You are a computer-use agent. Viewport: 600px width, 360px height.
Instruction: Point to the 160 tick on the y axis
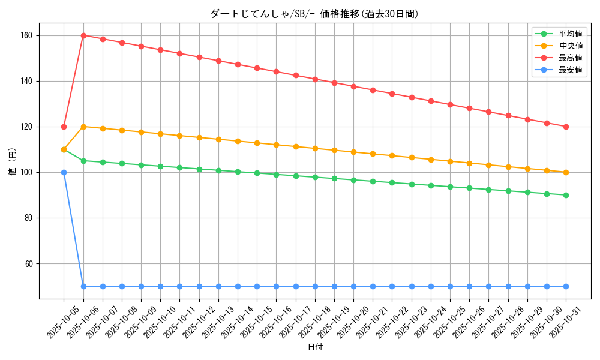pos(27,35)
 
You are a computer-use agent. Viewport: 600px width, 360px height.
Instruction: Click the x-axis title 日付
pos(315,347)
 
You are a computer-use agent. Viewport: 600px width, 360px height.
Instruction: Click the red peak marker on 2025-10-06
pos(83,35)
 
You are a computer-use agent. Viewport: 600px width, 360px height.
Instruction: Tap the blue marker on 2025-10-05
pos(64,172)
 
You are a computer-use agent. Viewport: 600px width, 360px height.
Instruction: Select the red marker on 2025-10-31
pos(566,127)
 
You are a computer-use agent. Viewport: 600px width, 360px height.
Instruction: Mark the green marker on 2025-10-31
pos(566,195)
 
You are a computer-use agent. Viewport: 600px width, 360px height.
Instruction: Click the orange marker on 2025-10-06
pos(83,127)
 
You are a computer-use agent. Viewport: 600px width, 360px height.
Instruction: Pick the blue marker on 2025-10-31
pos(566,286)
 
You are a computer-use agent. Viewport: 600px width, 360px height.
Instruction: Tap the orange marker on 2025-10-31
pos(566,172)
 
